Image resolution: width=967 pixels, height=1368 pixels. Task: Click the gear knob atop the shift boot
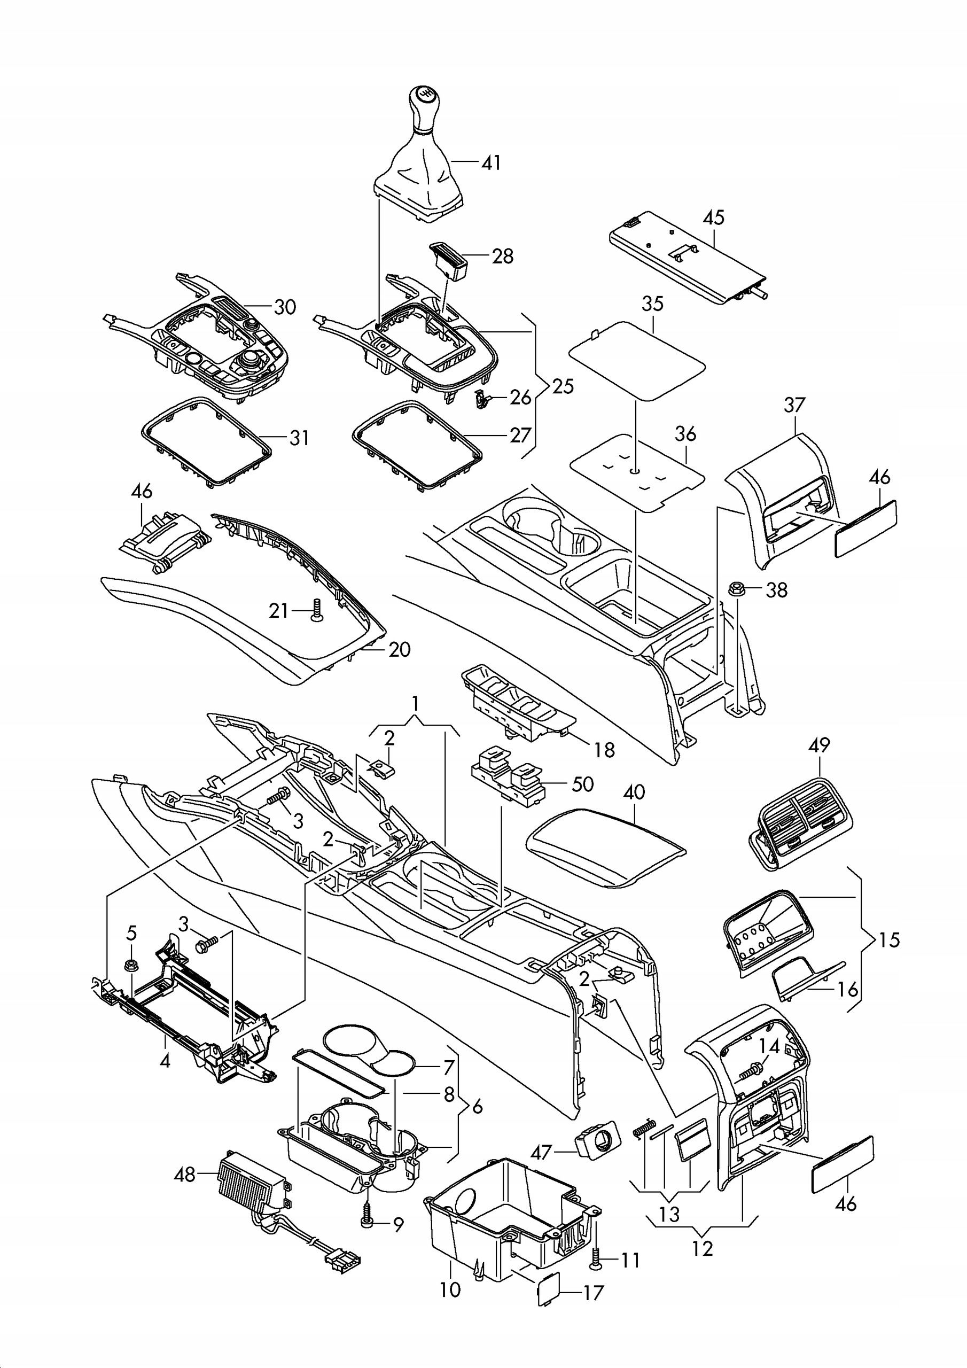click(x=424, y=107)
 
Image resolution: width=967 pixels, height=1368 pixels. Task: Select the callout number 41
click(x=491, y=162)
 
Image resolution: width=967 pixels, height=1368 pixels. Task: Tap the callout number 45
click(x=713, y=217)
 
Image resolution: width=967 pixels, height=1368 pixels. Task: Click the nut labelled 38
click(x=737, y=589)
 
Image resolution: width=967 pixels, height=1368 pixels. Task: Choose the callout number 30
click(x=285, y=307)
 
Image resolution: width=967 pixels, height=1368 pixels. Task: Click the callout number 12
click(x=703, y=1248)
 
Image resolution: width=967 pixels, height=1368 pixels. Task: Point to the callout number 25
click(x=563, y=386)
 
